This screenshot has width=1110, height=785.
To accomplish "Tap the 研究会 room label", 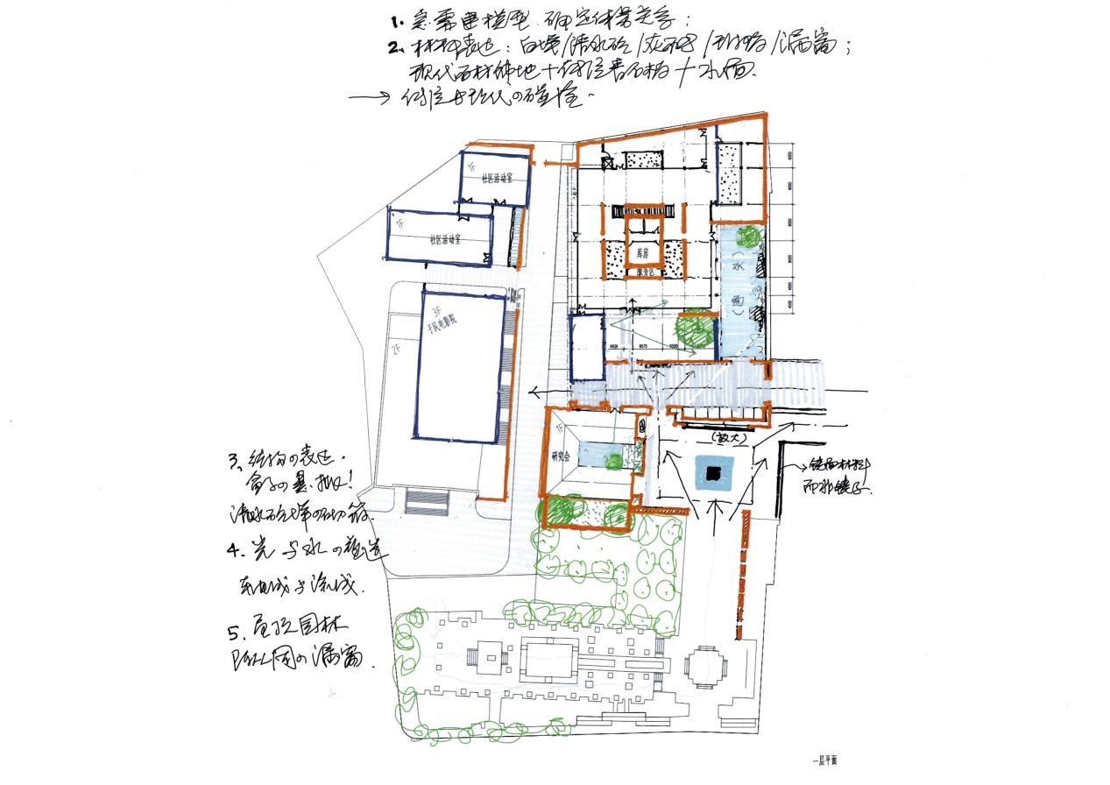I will (x=562, y=456).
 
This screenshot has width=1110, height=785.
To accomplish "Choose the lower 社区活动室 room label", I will (x=447, y=238).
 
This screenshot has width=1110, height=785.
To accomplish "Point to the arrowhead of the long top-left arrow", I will (x=385, y=98).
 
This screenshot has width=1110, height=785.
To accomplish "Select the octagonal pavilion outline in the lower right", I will (x=704, y=669).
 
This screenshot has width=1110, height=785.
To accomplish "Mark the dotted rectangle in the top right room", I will (x=730, y=176).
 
